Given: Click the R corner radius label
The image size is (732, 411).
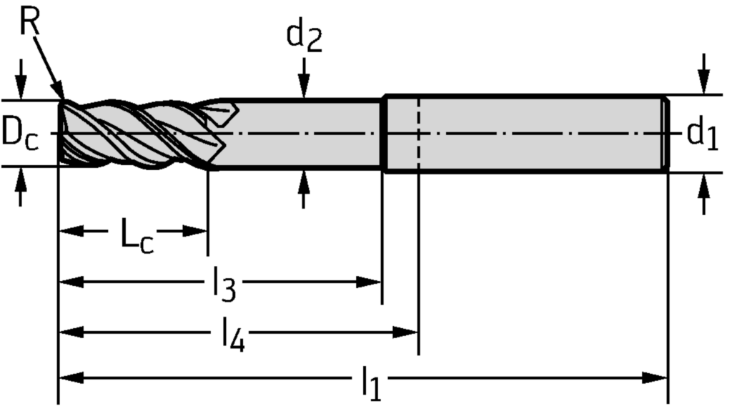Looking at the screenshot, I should pyautogui.click(x=29, y=22).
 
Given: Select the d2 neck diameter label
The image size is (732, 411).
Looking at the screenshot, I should pyautogui.click(x=304, y=38).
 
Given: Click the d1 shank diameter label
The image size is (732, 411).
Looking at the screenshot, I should pyautogui.click(x=702, y=133).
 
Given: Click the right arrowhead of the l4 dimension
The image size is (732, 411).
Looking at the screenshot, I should pyautogui.click(x=407, y=332).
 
